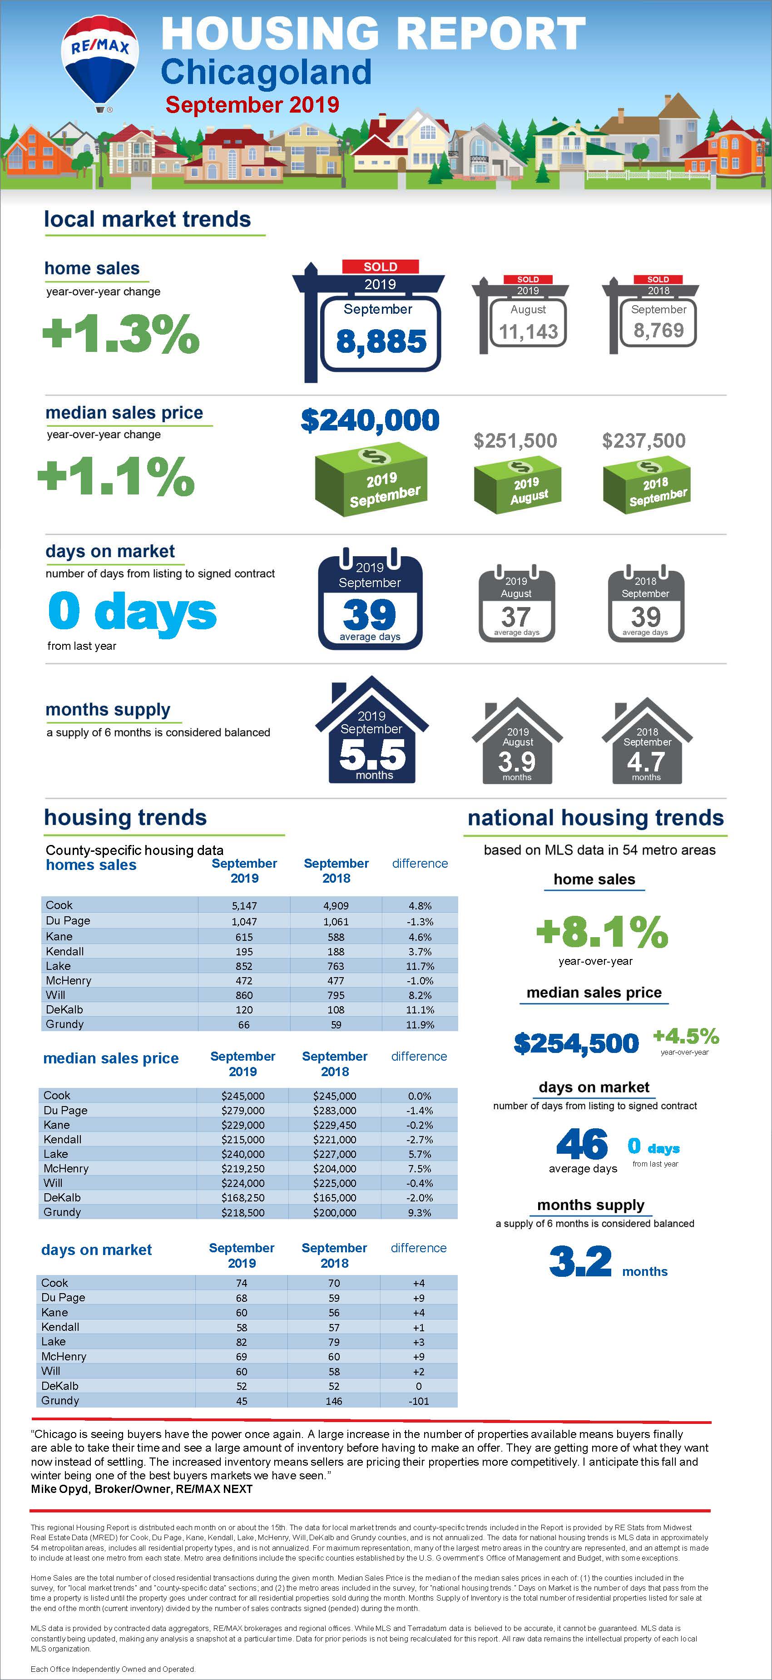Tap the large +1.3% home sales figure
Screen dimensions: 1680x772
coord(121,333)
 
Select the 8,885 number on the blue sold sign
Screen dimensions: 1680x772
coord(381,341)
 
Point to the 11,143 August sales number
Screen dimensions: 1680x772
coord(528,332)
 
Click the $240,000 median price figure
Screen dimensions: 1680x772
coord(370,420)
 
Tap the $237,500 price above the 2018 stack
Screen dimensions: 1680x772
coord(643,441)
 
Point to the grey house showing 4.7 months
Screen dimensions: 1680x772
coord(647,743)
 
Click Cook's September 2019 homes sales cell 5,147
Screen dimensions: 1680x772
coord(244,906)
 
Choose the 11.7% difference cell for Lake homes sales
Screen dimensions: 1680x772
coord(420,966)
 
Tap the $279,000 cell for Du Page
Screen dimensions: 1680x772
coord(242,1111)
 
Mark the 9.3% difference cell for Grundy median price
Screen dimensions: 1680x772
coord(419,1212)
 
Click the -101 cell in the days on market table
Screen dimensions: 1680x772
coord(419,1401)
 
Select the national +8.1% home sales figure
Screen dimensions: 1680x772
coord(602,932)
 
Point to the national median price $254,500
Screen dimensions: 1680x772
coord(576,1043)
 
